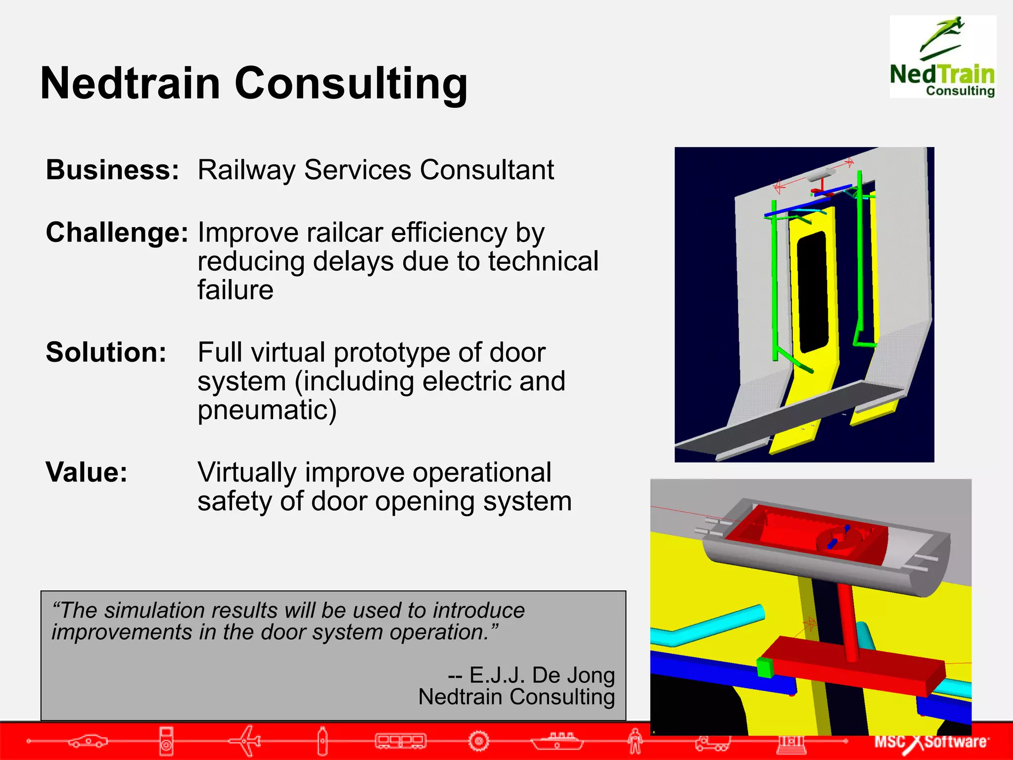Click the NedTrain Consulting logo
(x=942, y=57)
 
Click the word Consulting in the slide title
(x=351, y=83)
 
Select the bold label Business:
(x=112, y=170)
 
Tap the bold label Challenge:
(x=117, y=232)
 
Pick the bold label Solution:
(x=106, y=352)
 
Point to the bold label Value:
(x=87, y=472)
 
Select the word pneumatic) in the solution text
(x=267, y=410)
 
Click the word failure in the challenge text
(x=235, y=289)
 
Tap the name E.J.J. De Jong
(x=542, y=675)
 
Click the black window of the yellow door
(x=813, y=292)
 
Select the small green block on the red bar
(x=765, y=667)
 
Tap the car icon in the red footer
(x=88, y=741)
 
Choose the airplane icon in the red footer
(x=246, y=741)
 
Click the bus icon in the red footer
(x=400, y=741)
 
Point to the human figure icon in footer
(x=635, y=741)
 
